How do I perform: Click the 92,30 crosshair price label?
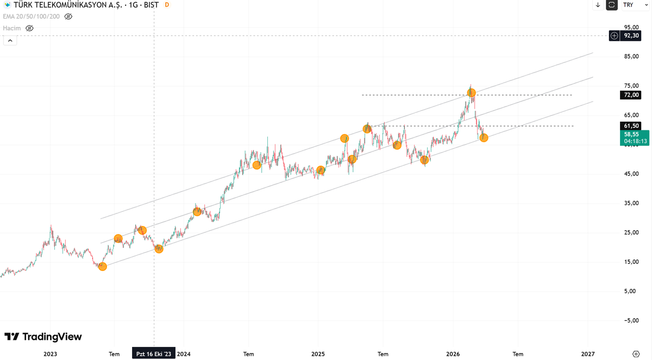pos(631,36)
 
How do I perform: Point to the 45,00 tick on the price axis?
pos(631,174)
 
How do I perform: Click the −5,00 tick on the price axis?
pos(630,320)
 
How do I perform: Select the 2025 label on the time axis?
pos(318,354)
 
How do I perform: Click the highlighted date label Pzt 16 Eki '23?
pos(153,354)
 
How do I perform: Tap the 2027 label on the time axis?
pos(587,354)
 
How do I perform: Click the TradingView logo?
pos(43,337)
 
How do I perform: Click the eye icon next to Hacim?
pos(29,28)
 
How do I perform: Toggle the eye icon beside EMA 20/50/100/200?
pos(68,17)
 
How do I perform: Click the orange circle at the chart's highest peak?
pos(472,93)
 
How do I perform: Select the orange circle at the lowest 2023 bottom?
pos(102,266)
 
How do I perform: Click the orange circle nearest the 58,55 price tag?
pos(484,138)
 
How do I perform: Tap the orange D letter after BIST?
pos(166,5)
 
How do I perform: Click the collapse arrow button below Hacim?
pos(10,41)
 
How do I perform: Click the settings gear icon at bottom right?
pos(636,354)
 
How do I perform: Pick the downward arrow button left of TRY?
pos(598,5)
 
